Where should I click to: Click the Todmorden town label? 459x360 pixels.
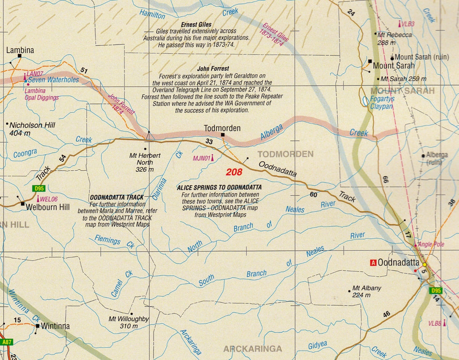pyautogui.click(x=222, y=128)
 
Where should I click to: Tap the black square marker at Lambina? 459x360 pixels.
pyautogui.click(x=20, y=56)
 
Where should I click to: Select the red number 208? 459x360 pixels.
pyautogui.click(x=234, y=172)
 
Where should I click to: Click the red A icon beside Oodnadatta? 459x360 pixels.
pyautogui.click(x=372, y=263)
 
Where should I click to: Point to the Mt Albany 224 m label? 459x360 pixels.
pyautogui.click(x=366, y=291)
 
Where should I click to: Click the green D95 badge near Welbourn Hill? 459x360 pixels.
pyautogui.click(x=39, y=189)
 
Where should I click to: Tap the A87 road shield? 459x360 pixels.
pyautogui.click(x=6, y=342)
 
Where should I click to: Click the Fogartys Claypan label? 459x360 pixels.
pyautogui.click(x=382, y=103)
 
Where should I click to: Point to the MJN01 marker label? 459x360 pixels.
pyautogui.click(x=201, y=158)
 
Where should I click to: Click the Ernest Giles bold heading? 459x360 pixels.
pyautogui.click(x=196, y=25)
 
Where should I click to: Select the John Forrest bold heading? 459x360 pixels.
pyautogui.click(x=213, y=69)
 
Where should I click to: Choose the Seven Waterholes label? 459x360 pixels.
pyautogui.click(x=53, y=80)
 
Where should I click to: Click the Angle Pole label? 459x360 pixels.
pyautogui.click(x=431, y=244)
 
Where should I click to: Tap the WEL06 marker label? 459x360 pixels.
pyautogui.click(x=49, y=199)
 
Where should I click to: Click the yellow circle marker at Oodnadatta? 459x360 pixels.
pyautogui.click(x=424, y=265)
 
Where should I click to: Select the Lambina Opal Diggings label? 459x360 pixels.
pyautogui.click(x=41, y=94)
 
